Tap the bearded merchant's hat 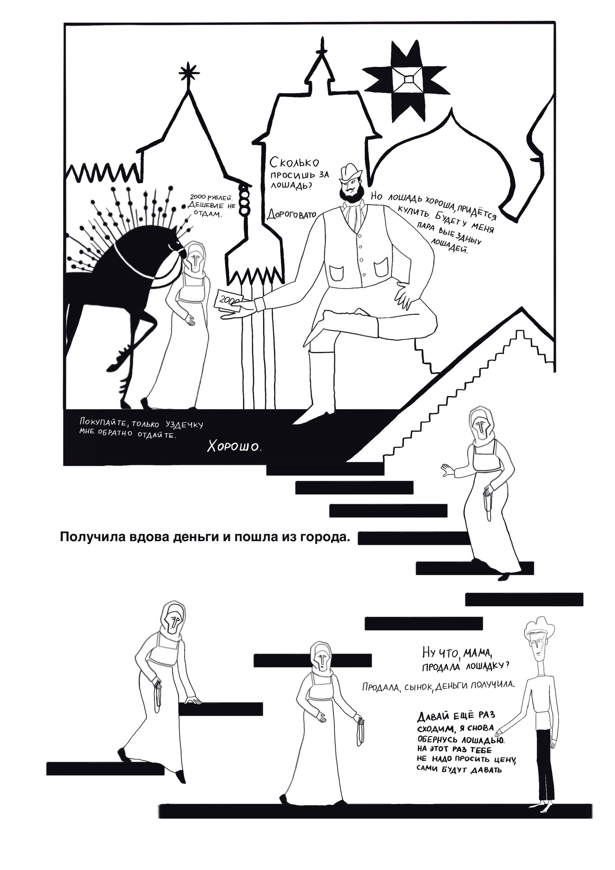point(351,173)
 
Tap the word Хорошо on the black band point(234,447)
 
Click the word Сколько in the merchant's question point(295,163)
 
